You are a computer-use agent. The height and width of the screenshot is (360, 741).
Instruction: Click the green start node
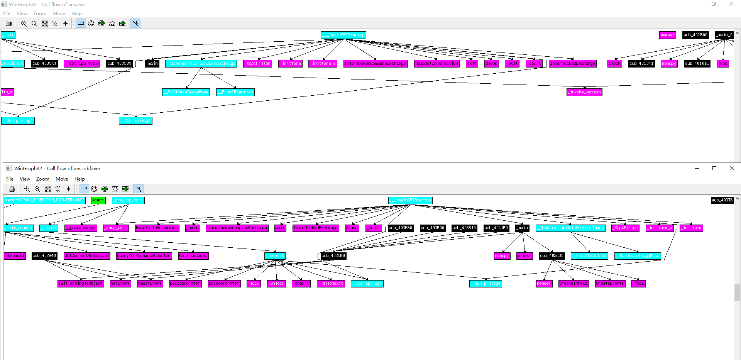click(x=98, y=200)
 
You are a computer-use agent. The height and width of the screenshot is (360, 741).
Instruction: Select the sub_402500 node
click(x=695, y=35)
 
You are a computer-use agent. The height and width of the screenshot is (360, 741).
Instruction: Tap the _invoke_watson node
click(x=584, y=92)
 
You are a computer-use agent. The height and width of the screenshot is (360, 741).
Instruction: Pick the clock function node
click(x=614, y=64)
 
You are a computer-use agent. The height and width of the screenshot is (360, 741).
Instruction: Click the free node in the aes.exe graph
click(x=723, y=64)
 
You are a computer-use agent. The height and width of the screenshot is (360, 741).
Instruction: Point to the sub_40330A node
click(x=119, y=64)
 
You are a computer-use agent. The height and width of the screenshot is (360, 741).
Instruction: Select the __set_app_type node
click(x=81, y=64)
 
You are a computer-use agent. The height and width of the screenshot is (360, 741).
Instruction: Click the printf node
click(x=524, y=256)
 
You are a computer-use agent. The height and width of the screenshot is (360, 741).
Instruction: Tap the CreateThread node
click(x=574, y=284)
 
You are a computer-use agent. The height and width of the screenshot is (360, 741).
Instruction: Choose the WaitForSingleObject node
click(x=81, y=284)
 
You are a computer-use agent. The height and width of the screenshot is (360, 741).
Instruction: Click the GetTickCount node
click(x=193, y=256)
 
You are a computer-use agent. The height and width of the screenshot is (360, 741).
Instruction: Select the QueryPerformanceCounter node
click(x=144, y=256)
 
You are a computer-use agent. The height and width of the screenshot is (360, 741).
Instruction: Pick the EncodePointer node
click(x=224, y=284)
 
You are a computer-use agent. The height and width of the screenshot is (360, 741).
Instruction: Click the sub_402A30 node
click(x=552, y=256)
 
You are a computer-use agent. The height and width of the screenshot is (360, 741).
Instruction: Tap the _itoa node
click(x=638, y=284)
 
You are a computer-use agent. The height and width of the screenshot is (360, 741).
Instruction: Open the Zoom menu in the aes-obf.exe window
click(x=43, y=179)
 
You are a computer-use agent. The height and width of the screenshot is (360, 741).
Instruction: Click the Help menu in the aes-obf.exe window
click(x=80, y=179)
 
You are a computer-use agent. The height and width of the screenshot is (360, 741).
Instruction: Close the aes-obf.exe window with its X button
click(x=732, y=168)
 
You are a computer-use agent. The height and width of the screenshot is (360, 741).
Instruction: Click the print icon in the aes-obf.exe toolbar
click(x=12, y=189)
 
